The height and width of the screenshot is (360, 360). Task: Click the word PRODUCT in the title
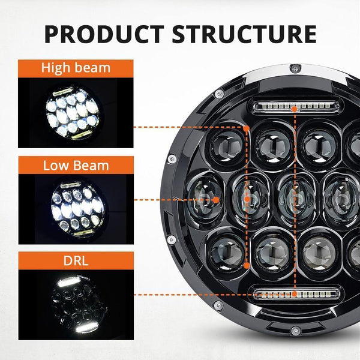(103, 34)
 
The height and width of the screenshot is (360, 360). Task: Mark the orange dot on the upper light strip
(294, 109)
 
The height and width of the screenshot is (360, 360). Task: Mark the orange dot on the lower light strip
(294, 294)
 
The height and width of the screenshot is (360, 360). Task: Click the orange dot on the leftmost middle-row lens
(215, 199)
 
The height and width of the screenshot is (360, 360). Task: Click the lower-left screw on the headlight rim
(172, 239)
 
